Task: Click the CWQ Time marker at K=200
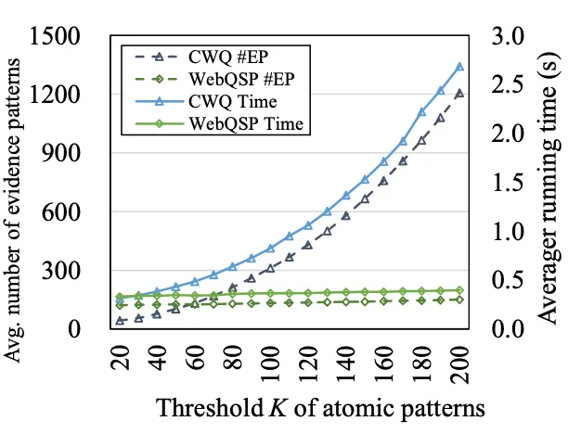click(x=459, y=67)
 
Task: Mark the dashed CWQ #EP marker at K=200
click(x=459, y=93)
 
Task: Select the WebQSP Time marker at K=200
click(x=459, y=290)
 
